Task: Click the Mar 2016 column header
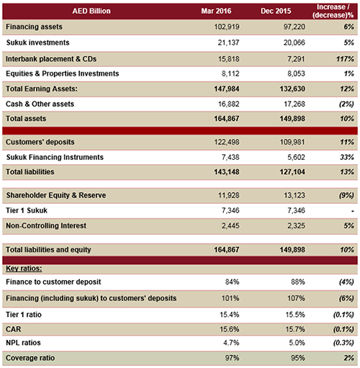tap(216, 11)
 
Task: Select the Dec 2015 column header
tap(276, 11)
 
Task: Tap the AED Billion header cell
tap(91, 11)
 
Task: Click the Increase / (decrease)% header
tap(333, 11)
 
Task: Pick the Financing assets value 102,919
tap(227, 27)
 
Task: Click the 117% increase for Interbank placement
tap(345, 59)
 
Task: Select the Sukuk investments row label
tap(37, 42)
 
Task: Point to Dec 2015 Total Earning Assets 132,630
tap(292, 89)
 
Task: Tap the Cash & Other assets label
tap(40, 104)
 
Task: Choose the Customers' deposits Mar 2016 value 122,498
tap(227, 142)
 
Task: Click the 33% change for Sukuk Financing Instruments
tap(347, 157)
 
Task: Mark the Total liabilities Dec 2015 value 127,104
tap(292, 172)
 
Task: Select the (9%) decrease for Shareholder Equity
tap(346, 195)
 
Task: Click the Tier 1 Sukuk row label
tap(27, 210)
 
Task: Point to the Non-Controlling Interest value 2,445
tap(230, 225)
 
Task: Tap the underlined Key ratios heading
tap(24, 269)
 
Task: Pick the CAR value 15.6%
tap(230, 329)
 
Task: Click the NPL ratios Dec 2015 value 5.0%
tap(297, 343)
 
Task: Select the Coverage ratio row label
tap(30, 358)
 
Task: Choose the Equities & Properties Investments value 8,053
tap(296, 73)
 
